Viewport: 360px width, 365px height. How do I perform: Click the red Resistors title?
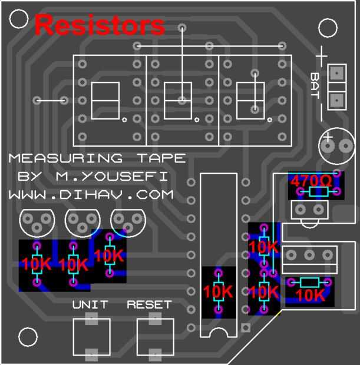(100, 25)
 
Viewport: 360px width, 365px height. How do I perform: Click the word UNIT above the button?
(90, 304)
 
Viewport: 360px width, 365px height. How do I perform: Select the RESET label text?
(149, 304)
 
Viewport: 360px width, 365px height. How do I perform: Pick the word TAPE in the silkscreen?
(161, 158)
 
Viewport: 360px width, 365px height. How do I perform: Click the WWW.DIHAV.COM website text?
(91, 194)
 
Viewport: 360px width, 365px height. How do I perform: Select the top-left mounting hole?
(19, 19)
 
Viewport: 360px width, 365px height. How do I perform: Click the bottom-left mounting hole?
(27, 337)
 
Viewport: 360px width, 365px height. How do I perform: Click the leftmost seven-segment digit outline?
(107, 101)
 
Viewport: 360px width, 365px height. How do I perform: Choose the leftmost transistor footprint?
(37, 220)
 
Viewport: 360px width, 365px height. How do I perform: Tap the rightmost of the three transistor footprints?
(128, 220)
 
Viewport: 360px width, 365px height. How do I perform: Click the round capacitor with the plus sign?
(334, 144)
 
